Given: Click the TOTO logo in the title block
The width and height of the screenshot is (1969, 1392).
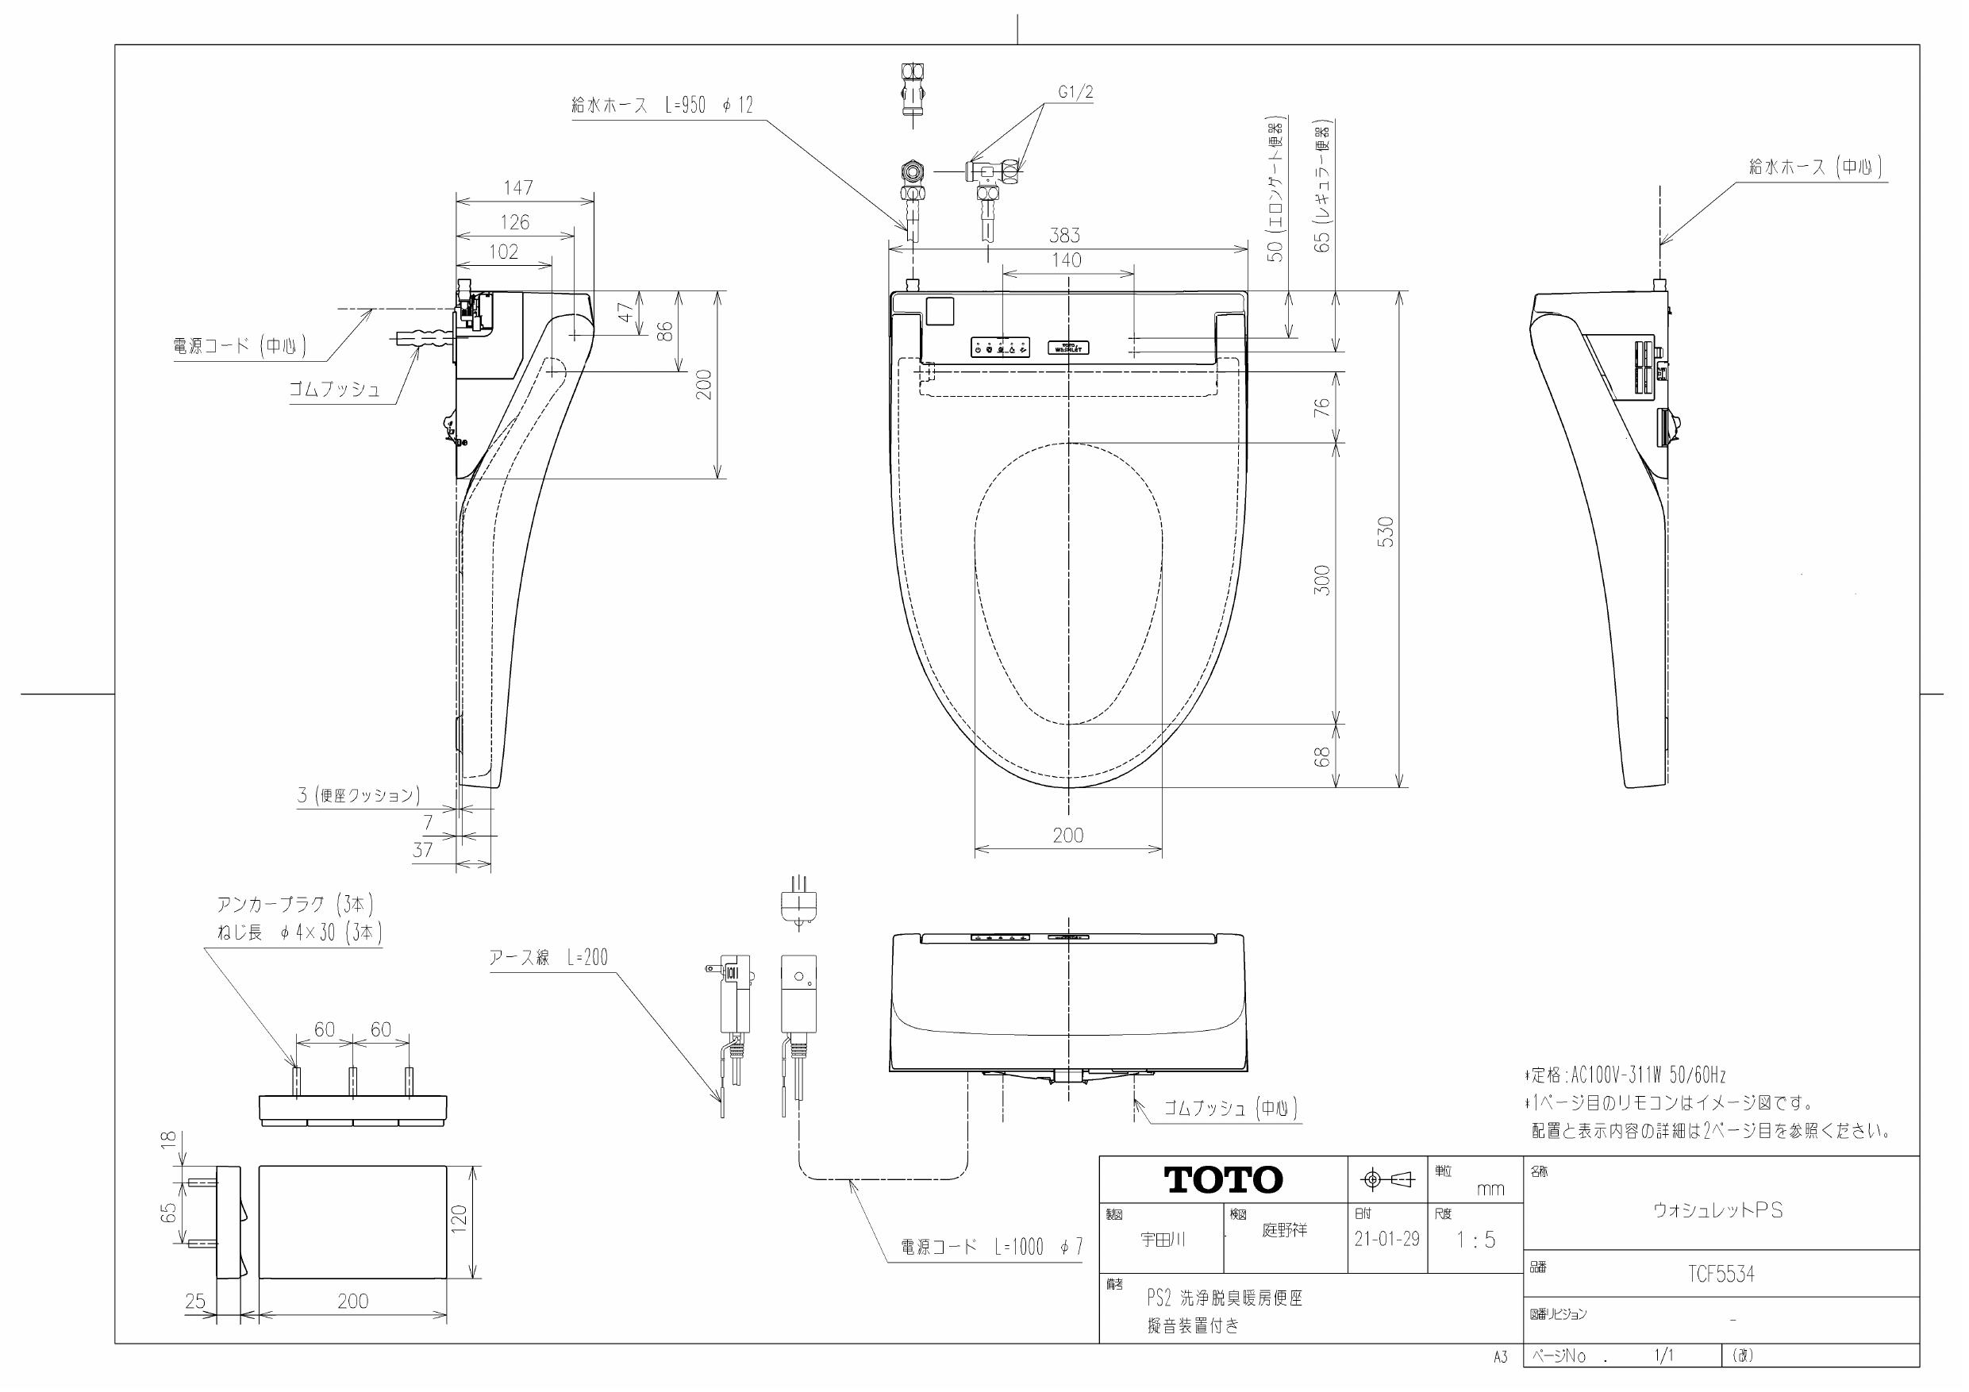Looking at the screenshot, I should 1223,1179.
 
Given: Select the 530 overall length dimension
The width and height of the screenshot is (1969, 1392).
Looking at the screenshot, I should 1386,532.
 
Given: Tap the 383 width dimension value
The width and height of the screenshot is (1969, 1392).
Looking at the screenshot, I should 1064,235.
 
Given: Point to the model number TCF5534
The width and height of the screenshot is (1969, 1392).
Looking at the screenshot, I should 1721,1275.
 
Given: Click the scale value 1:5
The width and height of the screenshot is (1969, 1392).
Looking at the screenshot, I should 1475,1240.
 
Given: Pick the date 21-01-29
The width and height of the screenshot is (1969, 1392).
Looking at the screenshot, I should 1386,1240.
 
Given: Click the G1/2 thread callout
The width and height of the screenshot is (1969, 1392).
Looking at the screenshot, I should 1075,94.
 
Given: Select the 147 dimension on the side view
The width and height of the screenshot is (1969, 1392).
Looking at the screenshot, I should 518,187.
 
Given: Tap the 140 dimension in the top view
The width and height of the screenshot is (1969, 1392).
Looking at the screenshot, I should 1067,260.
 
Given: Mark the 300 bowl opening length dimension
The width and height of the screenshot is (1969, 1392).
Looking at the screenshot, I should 1322,581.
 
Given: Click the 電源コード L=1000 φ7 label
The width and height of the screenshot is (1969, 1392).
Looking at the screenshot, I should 991,1248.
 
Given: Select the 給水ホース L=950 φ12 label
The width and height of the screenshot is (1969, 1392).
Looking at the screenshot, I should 661,106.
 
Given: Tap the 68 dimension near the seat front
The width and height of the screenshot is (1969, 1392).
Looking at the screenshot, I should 1322,756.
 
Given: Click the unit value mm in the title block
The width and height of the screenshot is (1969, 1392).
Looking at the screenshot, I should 1490,1189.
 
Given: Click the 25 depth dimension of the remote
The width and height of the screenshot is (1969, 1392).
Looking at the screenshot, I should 195,1301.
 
